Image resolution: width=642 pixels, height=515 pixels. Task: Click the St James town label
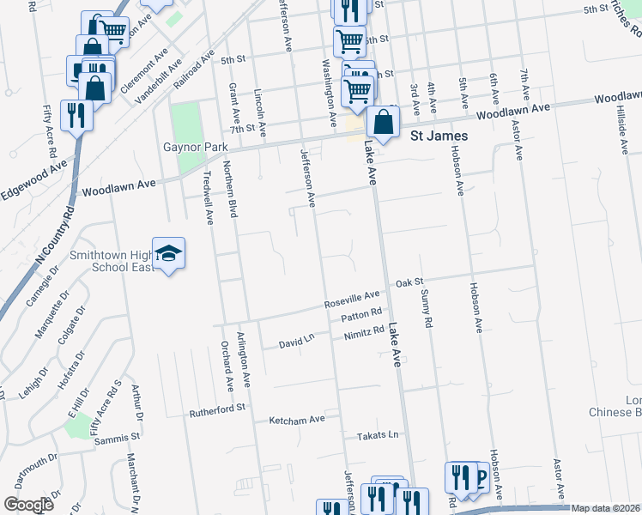point(439,136)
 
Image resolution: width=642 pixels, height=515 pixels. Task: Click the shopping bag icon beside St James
point(383,123)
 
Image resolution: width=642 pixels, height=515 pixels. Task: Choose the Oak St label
point(409,282)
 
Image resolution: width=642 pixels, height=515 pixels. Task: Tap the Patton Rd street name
point(361,317)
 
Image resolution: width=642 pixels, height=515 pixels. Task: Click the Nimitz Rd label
point(363,333)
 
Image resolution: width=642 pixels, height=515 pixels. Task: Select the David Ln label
point(297,343)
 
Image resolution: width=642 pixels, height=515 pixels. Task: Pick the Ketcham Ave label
point(297,419)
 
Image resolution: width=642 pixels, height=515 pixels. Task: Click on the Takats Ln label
point(378,435)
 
